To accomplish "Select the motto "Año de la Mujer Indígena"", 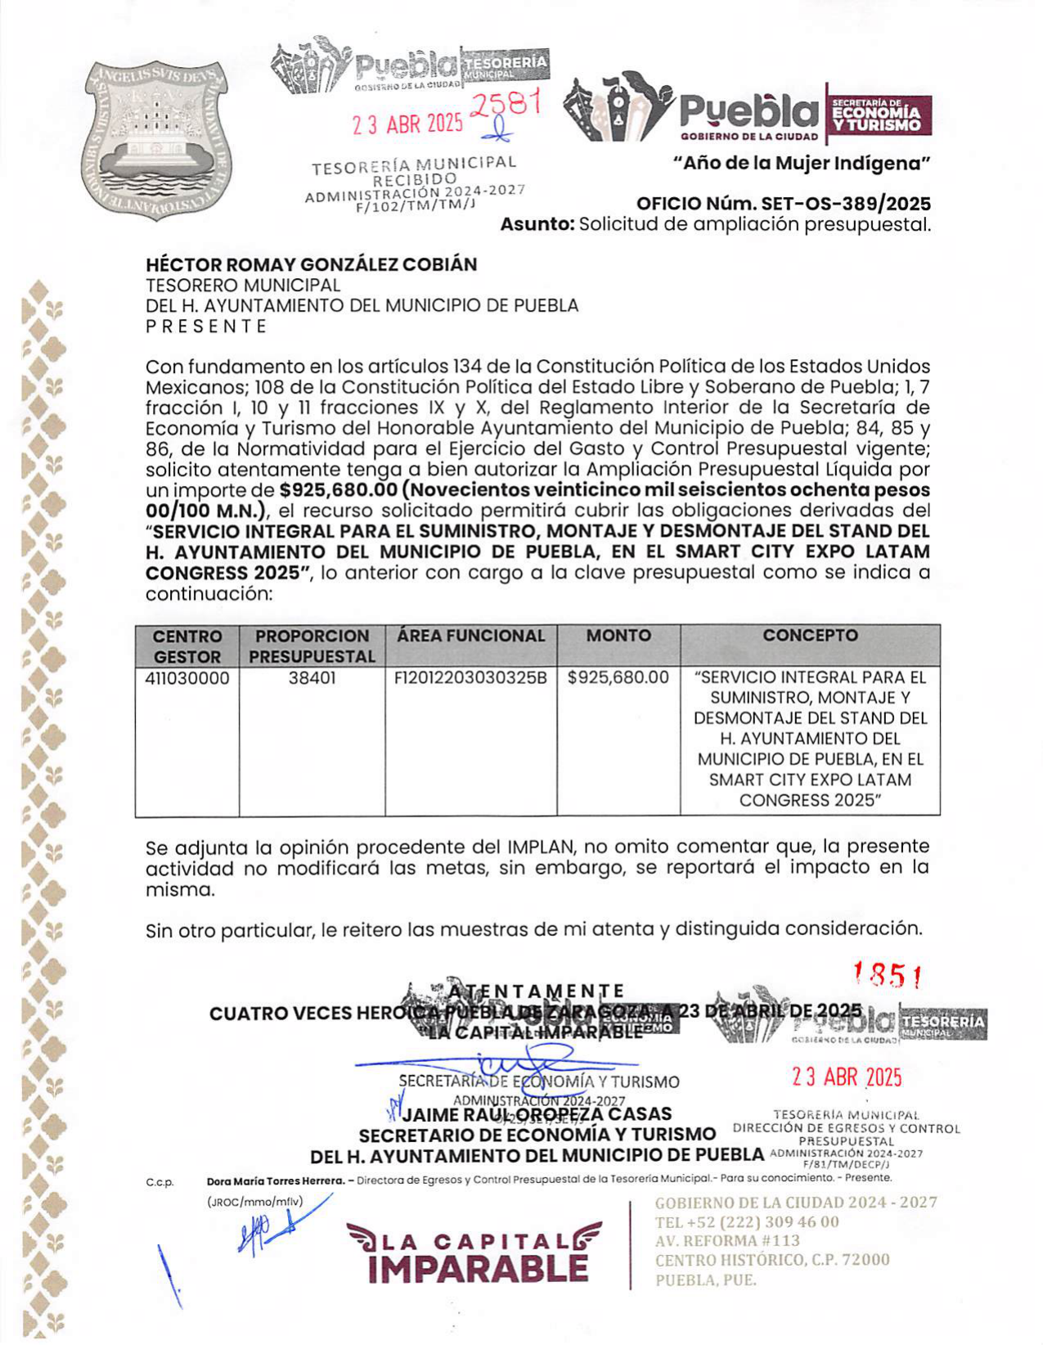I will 802,164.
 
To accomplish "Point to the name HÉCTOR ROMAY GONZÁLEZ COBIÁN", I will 311,264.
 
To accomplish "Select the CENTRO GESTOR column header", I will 187,646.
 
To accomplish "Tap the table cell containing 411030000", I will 187,678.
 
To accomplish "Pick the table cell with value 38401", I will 312,678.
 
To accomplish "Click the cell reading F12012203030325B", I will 470,678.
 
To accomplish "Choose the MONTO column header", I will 618,636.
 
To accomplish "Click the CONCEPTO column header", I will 810,636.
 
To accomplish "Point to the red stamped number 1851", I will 888,974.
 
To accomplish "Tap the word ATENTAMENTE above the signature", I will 536,992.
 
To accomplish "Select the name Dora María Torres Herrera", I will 276,1179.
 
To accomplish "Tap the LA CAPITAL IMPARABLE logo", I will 474,1252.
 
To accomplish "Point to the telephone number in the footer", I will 747,1222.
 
